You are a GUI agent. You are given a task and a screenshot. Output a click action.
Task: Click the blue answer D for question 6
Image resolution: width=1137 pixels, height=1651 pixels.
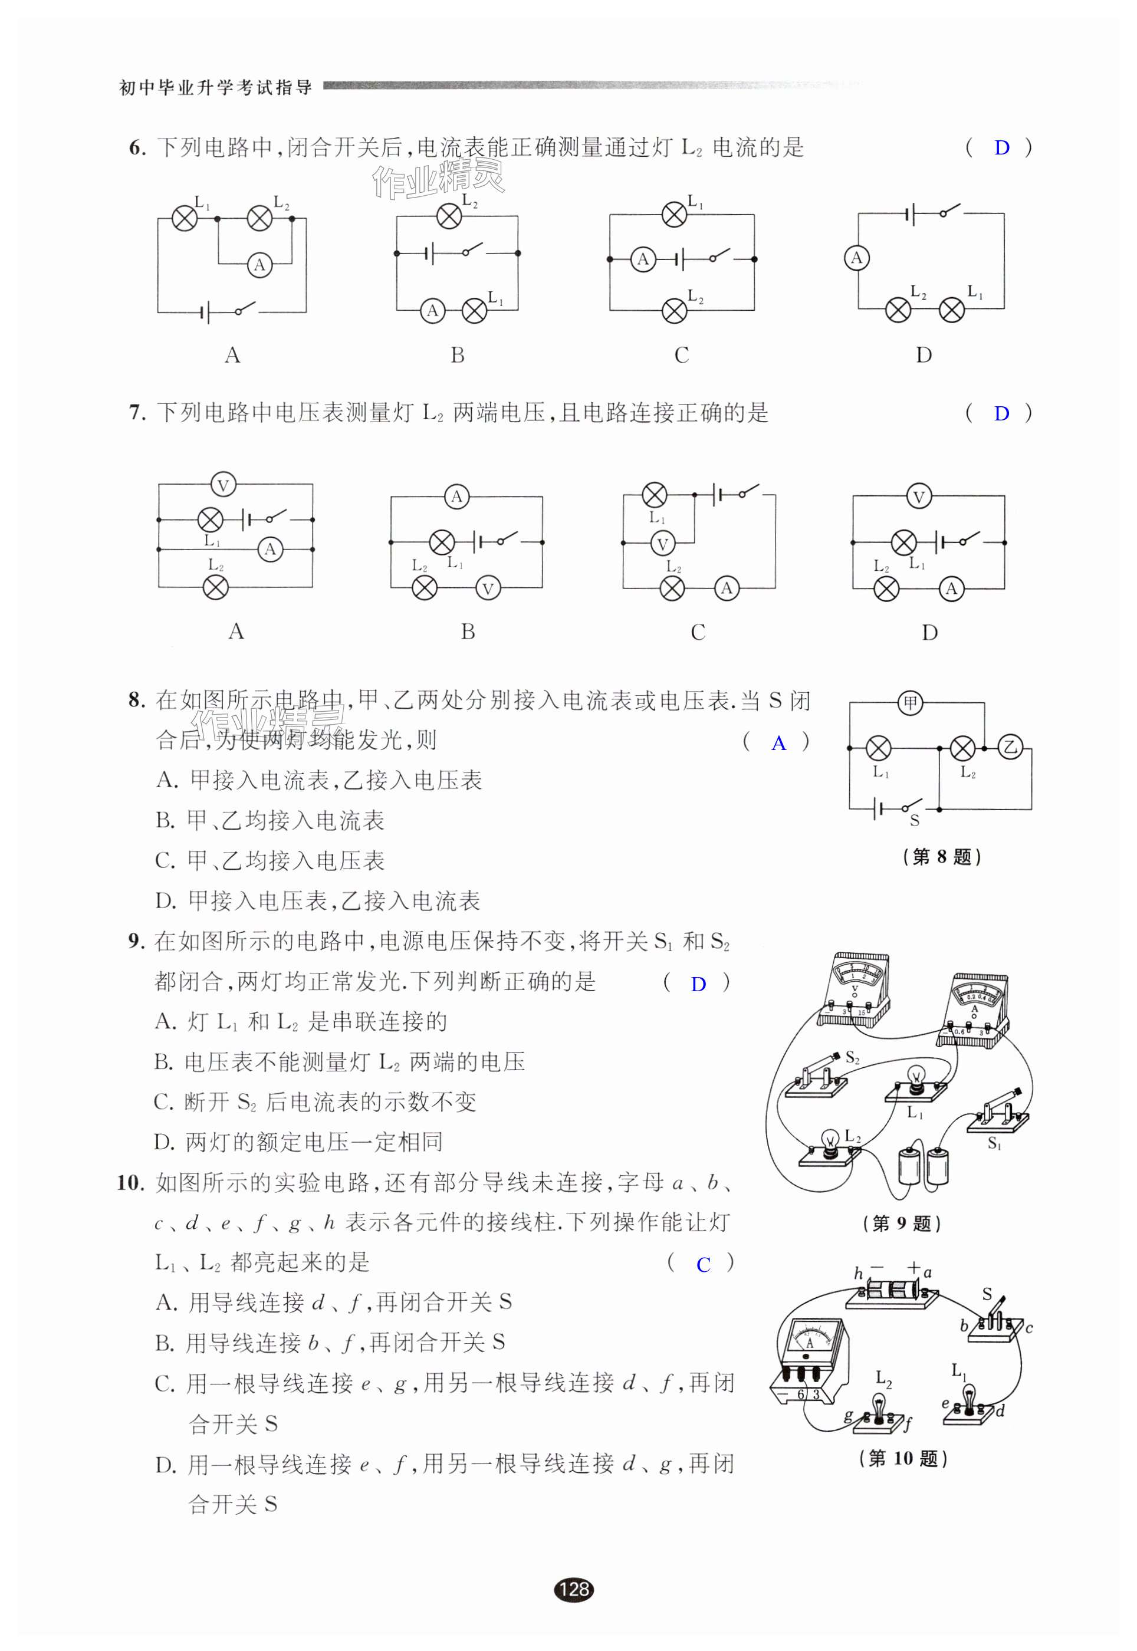pos(1001,148)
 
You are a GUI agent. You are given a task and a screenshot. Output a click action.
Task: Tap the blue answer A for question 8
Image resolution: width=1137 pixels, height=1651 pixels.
pos(778,744)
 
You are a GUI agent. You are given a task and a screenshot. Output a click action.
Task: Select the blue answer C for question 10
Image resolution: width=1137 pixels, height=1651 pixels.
pos(703,1265)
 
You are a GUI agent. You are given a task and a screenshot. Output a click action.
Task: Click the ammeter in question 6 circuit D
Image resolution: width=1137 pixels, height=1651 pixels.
pos(856,258)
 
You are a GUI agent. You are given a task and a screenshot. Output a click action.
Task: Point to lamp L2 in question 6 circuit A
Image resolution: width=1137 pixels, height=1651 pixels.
pos(259,218)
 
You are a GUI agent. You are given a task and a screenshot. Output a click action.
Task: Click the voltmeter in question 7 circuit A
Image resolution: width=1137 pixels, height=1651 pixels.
pos(223,486)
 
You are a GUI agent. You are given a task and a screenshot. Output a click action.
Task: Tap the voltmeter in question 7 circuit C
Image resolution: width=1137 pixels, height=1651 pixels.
pos(662,544)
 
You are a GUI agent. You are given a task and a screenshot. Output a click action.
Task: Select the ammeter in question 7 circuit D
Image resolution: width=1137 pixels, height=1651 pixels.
pos(951,588)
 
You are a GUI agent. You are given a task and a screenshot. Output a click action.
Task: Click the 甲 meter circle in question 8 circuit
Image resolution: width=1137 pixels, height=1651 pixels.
pos(910,703)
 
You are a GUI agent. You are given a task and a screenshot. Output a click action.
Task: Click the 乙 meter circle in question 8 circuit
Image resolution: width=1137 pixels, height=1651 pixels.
pos(1010,747)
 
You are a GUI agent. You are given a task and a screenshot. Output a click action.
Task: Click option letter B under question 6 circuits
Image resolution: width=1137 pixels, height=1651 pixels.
pos(458,355)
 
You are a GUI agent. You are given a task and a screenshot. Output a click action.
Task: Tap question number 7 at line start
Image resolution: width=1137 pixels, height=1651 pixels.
pos(136,413)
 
